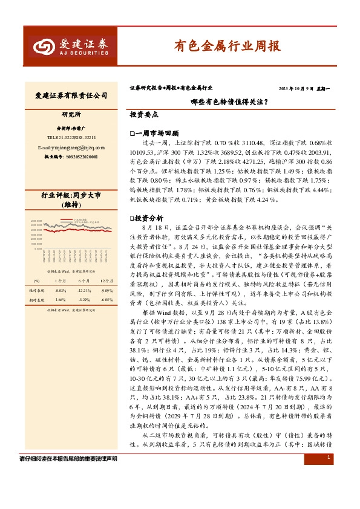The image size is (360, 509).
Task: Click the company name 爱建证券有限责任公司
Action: pyautogui.click(x=71, y=96)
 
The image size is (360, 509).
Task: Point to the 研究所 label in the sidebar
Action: pyautogui.click(x=71, y=114)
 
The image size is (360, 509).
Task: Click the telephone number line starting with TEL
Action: pyautogui.click(x=71, y=137)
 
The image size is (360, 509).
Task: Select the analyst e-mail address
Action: pyautogui.click(x=71, y=147)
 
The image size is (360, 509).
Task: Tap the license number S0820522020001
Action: pyautogui.click(x=71, y=157)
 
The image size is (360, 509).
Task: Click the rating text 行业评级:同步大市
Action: pyautogui.click(x=71, y=196)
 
